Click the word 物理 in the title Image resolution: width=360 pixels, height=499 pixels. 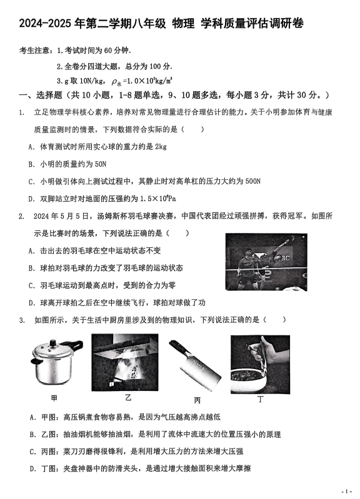(x=183, y=23)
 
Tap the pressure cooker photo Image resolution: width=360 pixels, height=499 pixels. (x=57, y=362)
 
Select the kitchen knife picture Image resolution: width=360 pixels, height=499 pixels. (x=194, y=365)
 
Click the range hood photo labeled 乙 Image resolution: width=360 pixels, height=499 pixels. (x=125, y=362)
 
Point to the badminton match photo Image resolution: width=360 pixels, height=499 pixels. (x=266, y=262)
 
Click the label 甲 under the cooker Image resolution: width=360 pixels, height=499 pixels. (x=54, y=398)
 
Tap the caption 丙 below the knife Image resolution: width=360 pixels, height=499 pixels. (x=197, y=400)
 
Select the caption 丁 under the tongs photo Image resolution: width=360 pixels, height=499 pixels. (x=260, y=399)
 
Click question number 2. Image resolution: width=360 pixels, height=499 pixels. (x=21, y=217)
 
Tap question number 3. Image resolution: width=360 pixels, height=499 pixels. (x=22, y=320)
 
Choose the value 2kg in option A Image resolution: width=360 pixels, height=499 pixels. (x=161, y=147)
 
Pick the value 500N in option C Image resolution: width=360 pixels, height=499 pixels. (x=253, y=181)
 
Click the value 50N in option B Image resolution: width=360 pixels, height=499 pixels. (x=101, y=164)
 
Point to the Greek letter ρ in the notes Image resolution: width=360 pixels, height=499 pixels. (x=115, y=82)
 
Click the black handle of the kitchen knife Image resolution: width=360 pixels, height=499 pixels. (x=177, y=351)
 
